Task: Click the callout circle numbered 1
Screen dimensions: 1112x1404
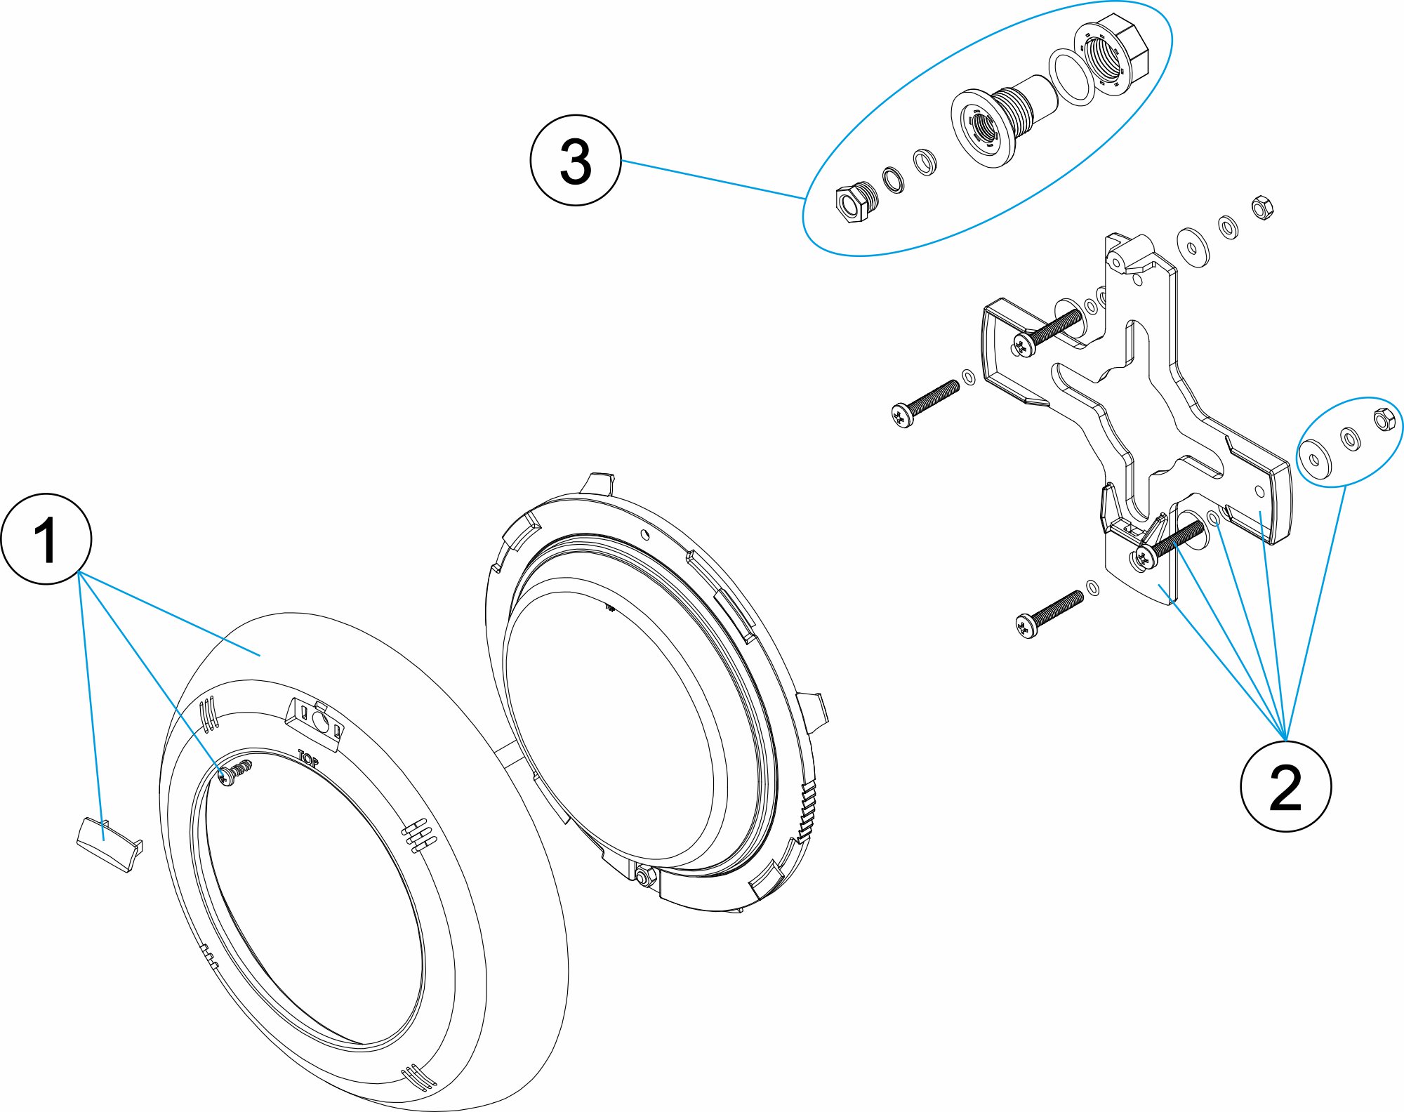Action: tap(46, 539)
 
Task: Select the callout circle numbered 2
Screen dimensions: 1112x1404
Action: tap(1286, 786)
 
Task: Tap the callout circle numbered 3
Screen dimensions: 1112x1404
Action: tap(576, 161)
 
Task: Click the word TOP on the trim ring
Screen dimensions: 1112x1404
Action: tap(308, 758)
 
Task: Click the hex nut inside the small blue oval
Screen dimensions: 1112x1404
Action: tap(1384, 418)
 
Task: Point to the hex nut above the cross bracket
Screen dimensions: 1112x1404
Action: tap(1262, 208)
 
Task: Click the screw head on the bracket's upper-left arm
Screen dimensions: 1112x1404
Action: tap(1022, 345)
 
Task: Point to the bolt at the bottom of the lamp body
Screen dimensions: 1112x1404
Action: tap(643, 876)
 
